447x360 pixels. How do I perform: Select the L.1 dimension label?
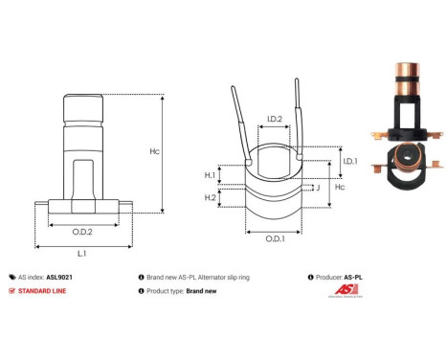[82, 253]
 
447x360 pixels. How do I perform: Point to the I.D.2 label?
[273, 120]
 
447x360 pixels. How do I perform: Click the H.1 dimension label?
[210, 174]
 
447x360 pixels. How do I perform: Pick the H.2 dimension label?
[210, 196]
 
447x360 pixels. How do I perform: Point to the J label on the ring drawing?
[317, 188]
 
